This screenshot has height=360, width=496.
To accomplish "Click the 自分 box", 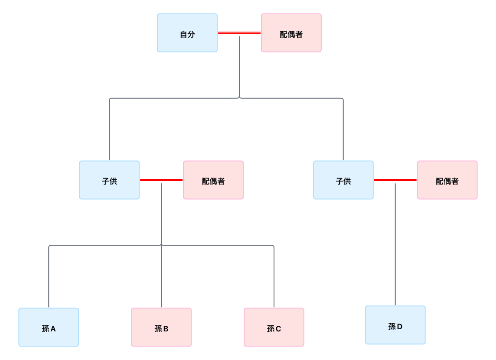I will coord(187,33).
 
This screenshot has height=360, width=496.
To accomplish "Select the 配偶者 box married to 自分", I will coord(291,33).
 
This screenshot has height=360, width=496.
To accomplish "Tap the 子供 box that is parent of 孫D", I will coord(343,180).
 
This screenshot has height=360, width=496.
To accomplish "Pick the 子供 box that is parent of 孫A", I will coord(109,180).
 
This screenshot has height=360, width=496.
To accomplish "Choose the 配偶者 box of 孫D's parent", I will coord(447,180).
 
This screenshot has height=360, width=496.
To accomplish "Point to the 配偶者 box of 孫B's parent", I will coord(213,180).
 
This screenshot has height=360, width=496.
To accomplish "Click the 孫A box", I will coord(49,327).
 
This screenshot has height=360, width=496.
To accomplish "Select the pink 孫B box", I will coord(161,327).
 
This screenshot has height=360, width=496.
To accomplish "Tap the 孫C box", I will coord(274,327).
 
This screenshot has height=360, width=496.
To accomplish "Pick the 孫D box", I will coord(395,325).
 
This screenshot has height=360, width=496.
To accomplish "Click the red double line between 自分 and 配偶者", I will coord(239,33).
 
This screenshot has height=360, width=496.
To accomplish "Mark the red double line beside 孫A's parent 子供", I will coord(161,180).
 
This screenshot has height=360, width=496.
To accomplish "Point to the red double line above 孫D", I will coord(395,180).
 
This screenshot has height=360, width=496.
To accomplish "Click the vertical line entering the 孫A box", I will coord(49,277).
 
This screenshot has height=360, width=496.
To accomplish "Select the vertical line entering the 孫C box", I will coord(274,277).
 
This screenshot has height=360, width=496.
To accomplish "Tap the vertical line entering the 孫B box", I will coord(161,277).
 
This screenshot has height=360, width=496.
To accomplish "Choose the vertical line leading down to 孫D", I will coord(395,243).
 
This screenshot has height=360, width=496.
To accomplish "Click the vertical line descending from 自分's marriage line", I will coord(239,65).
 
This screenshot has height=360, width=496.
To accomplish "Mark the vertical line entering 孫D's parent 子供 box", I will coord(343,130).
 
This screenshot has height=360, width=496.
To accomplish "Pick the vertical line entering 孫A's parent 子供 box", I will coord(109,130).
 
